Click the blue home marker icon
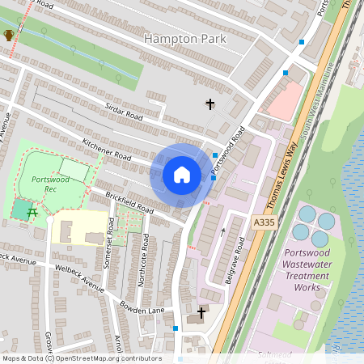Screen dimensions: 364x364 (182, 175)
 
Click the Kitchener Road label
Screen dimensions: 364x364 (106, 149)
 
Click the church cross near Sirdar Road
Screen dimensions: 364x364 (211, 104)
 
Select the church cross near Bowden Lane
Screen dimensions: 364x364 (201, 311)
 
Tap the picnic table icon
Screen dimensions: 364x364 (32, 213)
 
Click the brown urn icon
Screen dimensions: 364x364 (9, 35)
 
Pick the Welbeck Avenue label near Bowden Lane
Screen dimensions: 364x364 (81, 279)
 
